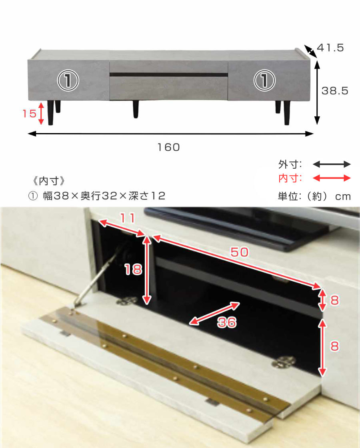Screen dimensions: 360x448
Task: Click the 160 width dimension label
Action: [x=169, y=147]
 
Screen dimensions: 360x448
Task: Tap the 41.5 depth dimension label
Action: [x=330, y=48]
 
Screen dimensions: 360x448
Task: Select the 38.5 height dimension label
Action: [x=335, y=91]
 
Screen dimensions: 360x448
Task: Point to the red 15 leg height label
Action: [x=30, y=114]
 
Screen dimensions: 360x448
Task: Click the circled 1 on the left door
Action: [x=68, y=80]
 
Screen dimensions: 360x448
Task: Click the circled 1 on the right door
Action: [x=264, y=80]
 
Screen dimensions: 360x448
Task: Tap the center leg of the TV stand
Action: [x=136, y=109]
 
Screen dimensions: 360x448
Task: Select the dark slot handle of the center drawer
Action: [x=169, y=75]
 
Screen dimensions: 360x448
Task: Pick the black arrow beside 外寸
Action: [x=332, y=164]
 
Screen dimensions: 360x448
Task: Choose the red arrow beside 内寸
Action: [x=332, y=178]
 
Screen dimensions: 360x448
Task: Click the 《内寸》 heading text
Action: [x=49, y=181]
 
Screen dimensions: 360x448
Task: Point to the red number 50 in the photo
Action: [x=240, y=252]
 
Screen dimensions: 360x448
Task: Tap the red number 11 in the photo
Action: [x=128, y=218]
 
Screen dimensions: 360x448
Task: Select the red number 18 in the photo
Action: [x=133, y=269]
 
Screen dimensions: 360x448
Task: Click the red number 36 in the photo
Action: [x=227, y=322]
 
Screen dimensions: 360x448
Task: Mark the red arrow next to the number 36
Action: [x=214, y=313]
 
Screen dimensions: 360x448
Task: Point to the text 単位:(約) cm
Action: [x=314, y=196]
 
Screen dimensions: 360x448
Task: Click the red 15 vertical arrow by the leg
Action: [x=41, y=113]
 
